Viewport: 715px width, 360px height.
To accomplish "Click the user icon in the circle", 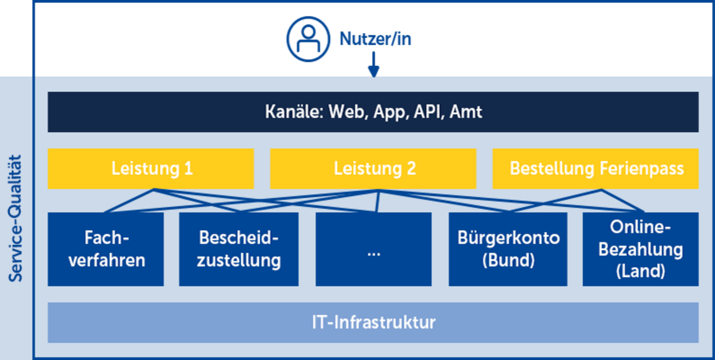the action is [308, 39].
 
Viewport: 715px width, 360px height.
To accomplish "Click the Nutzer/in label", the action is [375, 39].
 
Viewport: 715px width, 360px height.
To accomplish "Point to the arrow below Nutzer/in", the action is [374, 64].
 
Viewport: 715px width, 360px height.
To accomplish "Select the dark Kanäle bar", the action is [373, 112].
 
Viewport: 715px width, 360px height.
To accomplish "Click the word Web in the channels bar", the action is [347, 112].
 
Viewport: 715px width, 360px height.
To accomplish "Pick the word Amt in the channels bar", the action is [466, 112].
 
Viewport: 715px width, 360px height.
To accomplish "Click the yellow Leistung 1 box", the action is [151, 169].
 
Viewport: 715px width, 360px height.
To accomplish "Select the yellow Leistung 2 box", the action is [373, 169].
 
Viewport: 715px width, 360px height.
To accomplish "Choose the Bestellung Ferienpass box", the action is [596, 169].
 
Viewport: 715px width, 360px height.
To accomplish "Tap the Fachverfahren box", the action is [105, 249].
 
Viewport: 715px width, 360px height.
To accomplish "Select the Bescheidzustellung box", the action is [239, 249].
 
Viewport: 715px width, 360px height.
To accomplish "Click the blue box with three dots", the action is [374, 249].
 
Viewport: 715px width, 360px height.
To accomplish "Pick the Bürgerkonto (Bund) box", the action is [508, 249].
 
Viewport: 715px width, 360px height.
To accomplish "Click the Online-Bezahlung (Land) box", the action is [641, 249].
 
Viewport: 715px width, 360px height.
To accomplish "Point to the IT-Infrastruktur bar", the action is [373, 322].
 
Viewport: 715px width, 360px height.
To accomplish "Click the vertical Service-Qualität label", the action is [15, 219].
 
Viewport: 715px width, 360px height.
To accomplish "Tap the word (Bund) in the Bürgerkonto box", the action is [508, 260].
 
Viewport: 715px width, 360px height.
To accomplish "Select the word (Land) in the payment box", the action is [641, 271].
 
